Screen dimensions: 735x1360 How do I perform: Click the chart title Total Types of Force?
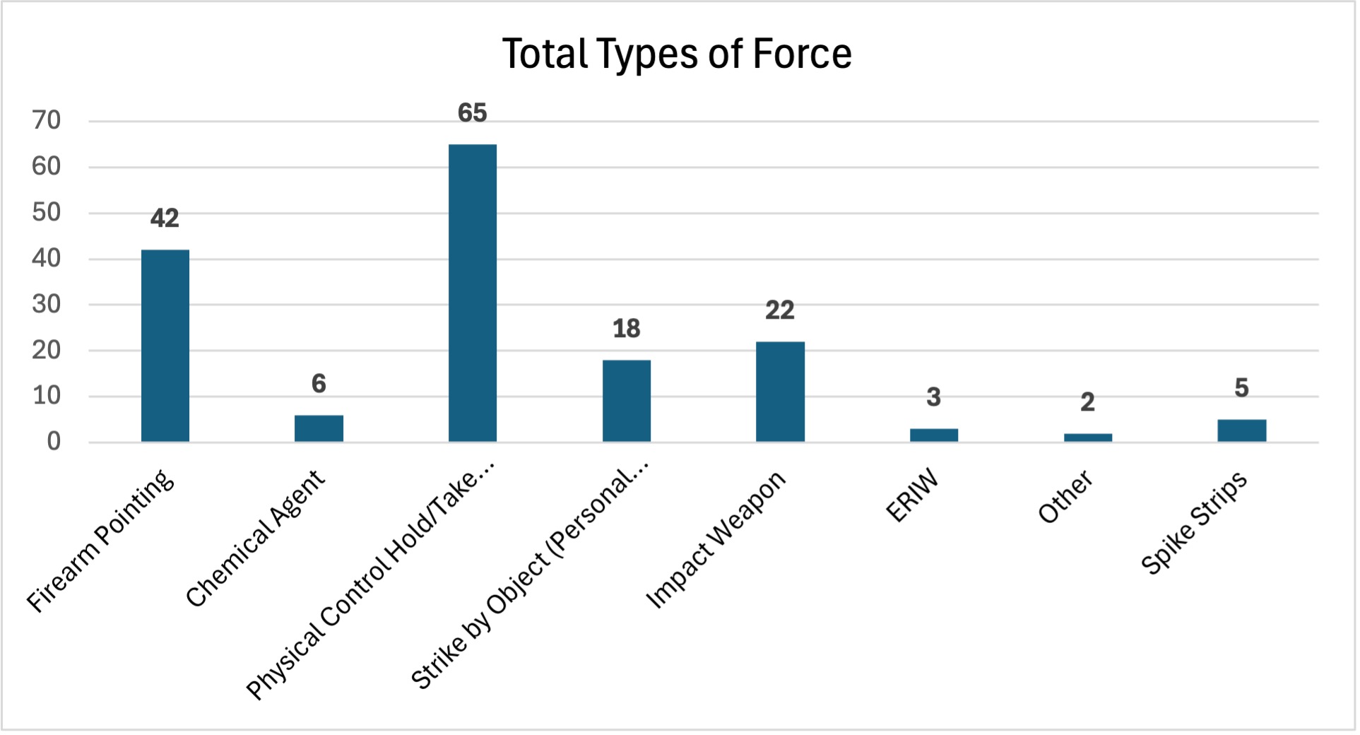click(676, 54)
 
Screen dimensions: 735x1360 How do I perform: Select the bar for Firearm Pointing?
click(165, 346)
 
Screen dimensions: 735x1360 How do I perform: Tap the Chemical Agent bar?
click(319, 428)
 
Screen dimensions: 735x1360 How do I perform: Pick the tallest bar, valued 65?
click(473, 293)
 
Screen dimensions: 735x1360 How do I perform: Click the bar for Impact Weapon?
click(780, 392)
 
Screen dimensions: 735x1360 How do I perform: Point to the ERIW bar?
click(933, 435)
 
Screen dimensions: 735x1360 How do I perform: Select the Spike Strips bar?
click(1241, 430)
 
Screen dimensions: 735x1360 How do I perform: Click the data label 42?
click(165, 218)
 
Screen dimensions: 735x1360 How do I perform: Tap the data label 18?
click(626, 329)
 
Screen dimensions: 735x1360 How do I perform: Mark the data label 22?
click(780, 310)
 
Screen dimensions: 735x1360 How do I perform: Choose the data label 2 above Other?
click(1087, 402)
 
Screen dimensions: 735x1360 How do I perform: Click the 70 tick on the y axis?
click(47, 120)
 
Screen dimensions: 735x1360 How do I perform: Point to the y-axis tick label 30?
click(47, 304)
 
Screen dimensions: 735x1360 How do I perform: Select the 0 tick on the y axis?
click(54, 442)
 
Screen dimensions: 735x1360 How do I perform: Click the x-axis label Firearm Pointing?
click(100, 541)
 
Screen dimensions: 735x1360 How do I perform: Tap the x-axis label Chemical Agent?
click(255, 538)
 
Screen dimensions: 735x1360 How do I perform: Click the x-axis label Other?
click(1065, 497)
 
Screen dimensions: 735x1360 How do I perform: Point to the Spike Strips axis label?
click(1193, 523)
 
